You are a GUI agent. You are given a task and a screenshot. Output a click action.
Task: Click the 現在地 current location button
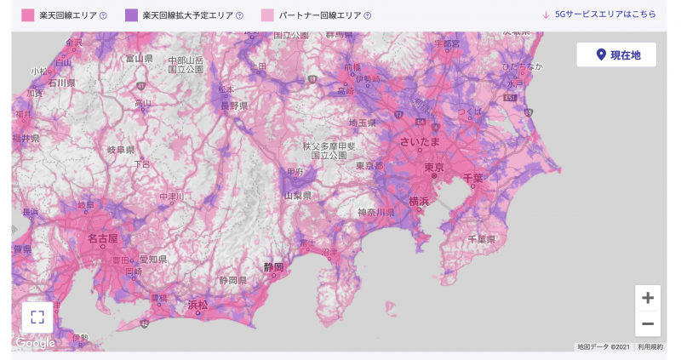(x=616, y=54)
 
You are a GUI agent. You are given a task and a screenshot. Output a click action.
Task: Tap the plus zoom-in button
(x=648, y=298)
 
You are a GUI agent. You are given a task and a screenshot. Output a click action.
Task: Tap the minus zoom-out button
(x=648, y=323)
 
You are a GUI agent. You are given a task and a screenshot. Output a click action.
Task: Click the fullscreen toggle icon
(x=37, y=317)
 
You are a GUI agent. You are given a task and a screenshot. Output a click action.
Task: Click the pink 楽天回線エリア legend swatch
(x=26, y=14)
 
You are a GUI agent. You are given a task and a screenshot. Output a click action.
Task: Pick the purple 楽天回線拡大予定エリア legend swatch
(x=132, y=14)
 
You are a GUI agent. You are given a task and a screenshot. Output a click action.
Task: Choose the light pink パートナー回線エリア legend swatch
(x=268, y=14)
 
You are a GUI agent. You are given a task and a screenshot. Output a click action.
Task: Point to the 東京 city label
(x=433, y=168)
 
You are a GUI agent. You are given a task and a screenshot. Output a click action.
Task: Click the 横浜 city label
(x=418, y=202)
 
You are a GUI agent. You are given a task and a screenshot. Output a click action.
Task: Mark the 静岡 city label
(x=273, y=266)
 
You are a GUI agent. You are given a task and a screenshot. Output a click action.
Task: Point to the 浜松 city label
(x=197, y=304)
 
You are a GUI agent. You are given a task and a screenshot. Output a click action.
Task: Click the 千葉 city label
(x=472, y=178)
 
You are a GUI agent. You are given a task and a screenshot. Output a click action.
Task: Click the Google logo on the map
(x=35, y=343)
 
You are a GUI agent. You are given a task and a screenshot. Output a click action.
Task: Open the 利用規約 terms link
(x=650, y=346)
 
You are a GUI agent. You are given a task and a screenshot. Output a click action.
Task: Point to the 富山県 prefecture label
(x=138, y=59)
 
